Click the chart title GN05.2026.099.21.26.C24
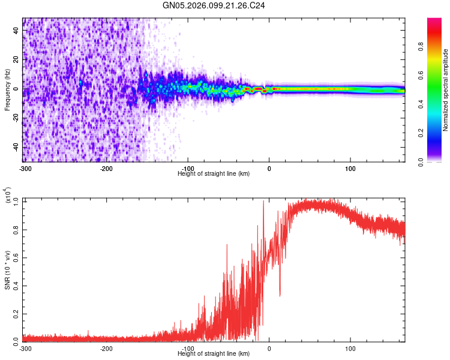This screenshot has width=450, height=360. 214,6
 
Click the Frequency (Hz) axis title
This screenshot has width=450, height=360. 7,90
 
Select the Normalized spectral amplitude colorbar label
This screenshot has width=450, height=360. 445,91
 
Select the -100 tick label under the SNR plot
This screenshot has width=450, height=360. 187,349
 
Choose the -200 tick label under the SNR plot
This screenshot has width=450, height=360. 106,349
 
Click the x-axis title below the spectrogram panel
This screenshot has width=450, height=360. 214,173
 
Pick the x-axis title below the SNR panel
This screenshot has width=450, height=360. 214,355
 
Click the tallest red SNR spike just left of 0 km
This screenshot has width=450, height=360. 263,202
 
